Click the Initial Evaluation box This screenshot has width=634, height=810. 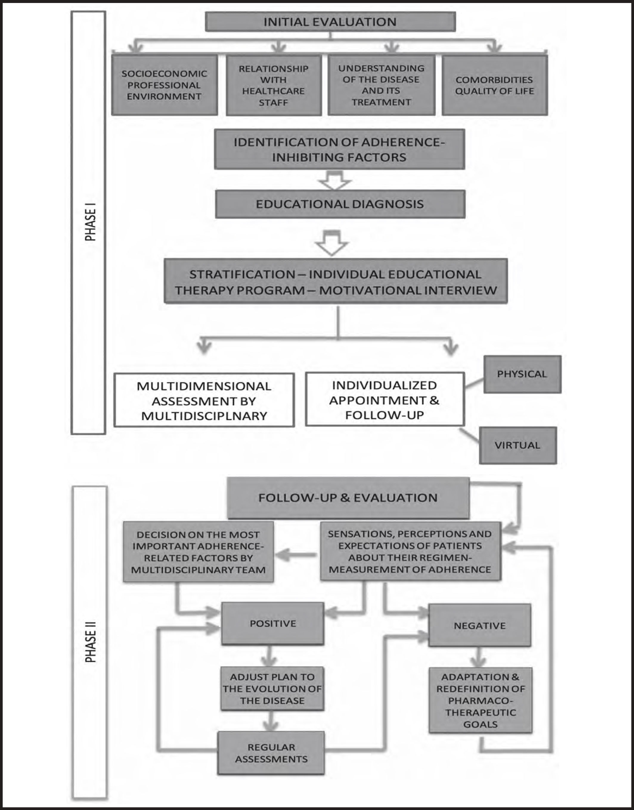[x=330, y=21]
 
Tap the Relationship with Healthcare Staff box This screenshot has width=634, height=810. [x=274, y=85]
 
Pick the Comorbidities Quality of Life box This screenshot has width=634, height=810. [x=495, y=85]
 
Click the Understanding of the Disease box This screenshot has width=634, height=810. [x=381, y=85]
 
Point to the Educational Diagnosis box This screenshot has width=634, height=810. [x=340, y=204]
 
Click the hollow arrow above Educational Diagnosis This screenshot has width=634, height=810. [x=335, y=181]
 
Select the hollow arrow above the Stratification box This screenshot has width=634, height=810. [x=332, y=244]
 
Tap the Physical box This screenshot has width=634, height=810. [x=522, y=374]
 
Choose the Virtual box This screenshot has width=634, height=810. [x=517, y=445]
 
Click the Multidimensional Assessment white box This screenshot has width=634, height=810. [x=204, y=400]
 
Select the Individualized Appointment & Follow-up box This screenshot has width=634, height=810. [x=385, y=400]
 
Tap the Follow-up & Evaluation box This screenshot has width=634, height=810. [x=348, y=498]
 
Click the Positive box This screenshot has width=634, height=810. [x=273, y=624]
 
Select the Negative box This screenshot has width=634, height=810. [x=480, y=626]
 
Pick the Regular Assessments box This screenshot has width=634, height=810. [x=271, y=753]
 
